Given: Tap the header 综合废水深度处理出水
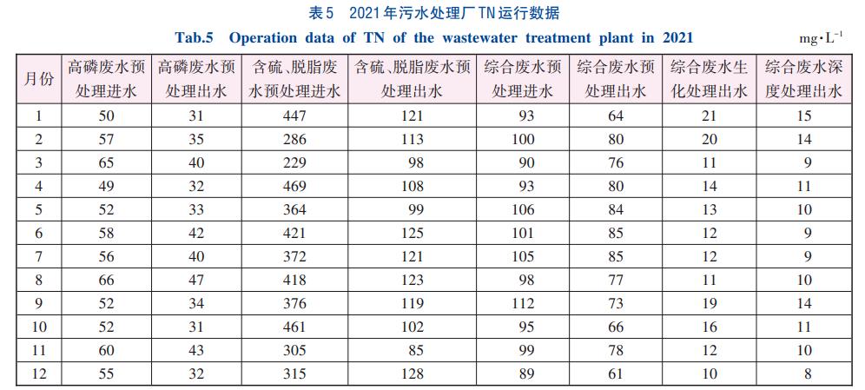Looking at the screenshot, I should pyautogui.click(x=803, y=78).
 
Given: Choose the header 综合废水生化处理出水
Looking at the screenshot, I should pyautogui.click(x=710, y=78).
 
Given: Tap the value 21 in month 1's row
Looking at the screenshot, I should pyautogui.click(x=710, y=116).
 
